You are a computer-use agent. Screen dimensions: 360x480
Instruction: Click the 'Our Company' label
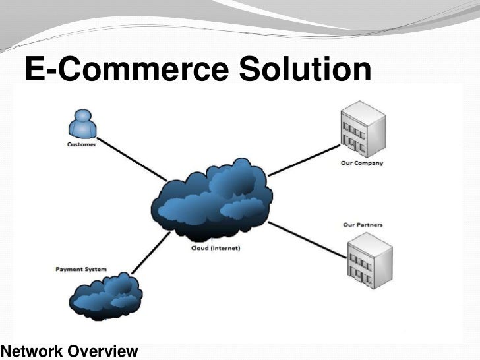pyautogui.click(x=362, y=163)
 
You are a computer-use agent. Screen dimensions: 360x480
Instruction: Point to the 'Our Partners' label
pyautogui.click(x=363, y=225)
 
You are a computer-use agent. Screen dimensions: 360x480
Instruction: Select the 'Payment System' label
pyautogui.click(x=82, y=270)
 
